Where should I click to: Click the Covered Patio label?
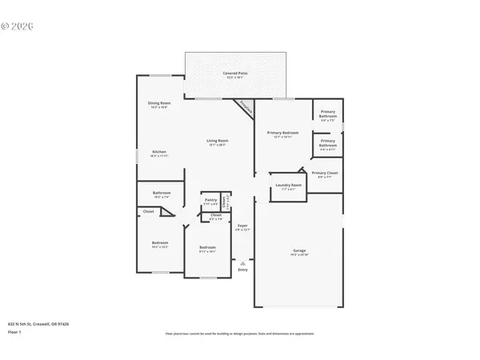(x=234, y=73)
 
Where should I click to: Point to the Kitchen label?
(x=159, y=153)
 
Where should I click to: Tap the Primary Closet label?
(x=326, y=174)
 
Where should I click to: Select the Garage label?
(x=298, y=251)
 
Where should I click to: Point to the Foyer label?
(x=242, y=226)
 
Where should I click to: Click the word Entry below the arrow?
(x=242, y=270)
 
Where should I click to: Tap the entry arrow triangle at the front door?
(x=242, y=262)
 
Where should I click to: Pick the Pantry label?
(x=210, y=200)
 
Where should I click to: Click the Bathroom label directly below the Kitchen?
(x=162, y=193)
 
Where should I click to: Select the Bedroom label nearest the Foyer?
(x=208, y=248)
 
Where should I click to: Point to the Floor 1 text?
(x=14, y=330)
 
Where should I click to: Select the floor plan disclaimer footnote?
(x=240, y=333)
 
